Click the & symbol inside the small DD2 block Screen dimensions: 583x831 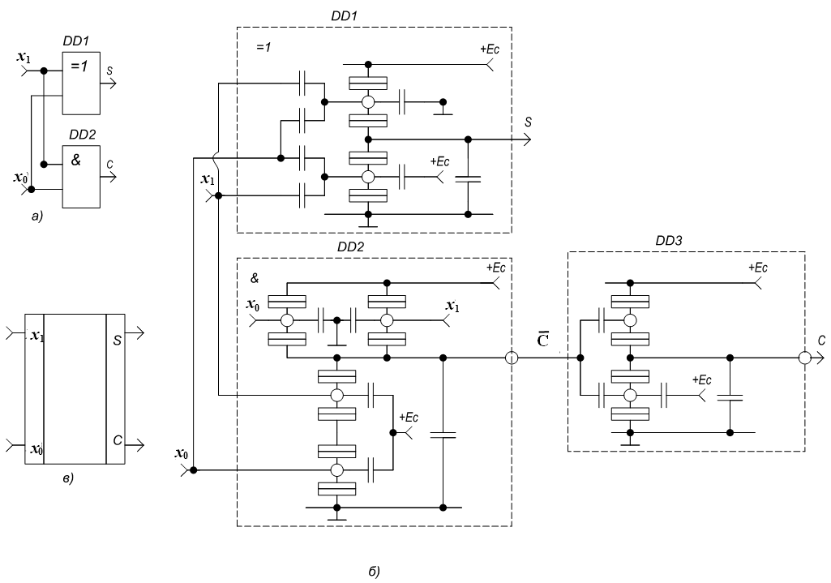point(76,161)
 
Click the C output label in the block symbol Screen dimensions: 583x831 point(118,439)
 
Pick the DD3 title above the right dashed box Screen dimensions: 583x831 point(671,241)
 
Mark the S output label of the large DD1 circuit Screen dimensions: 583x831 point(528,122)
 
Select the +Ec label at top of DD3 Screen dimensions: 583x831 point(757,268)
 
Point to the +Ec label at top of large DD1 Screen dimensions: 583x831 point(490,49)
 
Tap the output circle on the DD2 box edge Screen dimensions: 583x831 point(512,358)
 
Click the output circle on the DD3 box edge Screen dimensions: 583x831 point(804,358)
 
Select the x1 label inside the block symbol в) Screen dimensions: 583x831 point(36,336)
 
